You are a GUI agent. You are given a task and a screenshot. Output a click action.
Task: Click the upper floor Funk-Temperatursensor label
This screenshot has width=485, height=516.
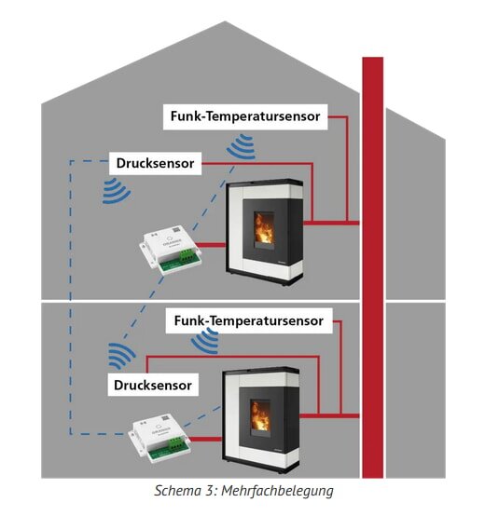[x=246, y=117]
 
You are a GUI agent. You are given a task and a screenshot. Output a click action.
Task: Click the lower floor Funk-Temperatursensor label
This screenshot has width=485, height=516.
[x=249, y=321]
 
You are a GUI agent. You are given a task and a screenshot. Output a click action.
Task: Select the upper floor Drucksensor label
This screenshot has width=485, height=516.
[x=156, y=164]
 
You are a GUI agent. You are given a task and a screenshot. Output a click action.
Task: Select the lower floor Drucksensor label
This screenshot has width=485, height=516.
[x=153, y=384]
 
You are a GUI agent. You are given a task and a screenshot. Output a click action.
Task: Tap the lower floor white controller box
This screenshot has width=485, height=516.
[x=164, y=437]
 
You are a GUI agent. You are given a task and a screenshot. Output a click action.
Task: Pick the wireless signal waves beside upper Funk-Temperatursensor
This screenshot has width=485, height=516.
[x=242, y=146]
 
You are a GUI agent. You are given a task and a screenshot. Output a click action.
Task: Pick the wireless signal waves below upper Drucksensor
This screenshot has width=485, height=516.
[x=116, y=189]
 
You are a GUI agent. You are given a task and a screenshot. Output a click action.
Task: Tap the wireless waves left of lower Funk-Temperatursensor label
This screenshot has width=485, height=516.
[x=205, y=342]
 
